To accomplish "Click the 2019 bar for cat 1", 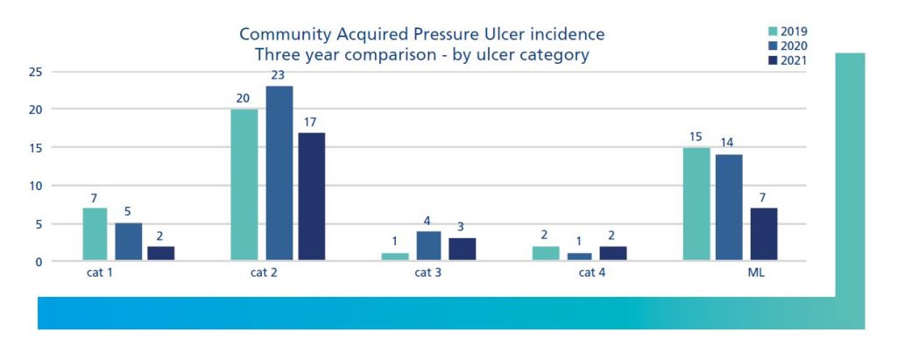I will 95,234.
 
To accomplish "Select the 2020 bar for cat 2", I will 279,173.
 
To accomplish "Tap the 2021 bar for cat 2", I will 311,196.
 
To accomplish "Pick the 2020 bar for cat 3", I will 429,245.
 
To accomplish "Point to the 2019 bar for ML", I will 696,203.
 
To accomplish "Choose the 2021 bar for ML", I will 763,234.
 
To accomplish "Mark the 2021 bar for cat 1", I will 160,253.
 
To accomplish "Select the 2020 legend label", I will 795,46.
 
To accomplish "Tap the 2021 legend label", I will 795,60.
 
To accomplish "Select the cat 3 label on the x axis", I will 427,273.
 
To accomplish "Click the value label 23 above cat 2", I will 279,75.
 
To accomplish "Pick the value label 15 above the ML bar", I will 696,137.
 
